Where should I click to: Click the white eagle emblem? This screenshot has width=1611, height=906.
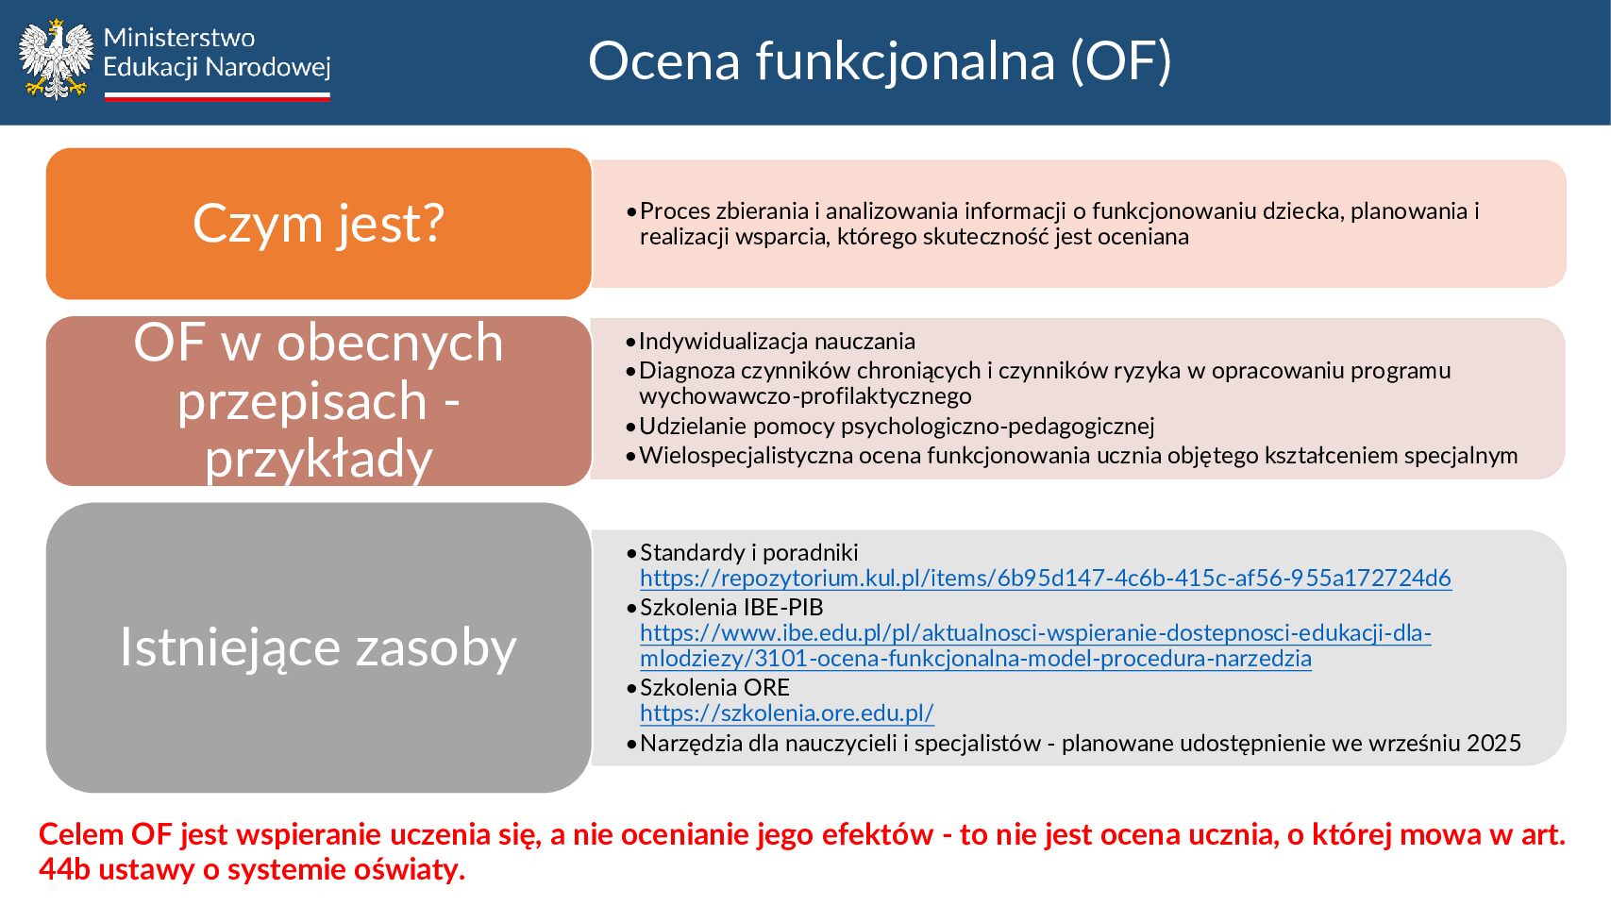pyautogui.click(x=56, y=59)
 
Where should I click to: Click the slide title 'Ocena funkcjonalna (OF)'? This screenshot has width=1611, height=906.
pyautogui.click(x=880, y=61)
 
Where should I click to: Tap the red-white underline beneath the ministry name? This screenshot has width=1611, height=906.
pyautogui.click(x=217, y=96)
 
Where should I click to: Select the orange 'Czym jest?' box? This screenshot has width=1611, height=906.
pyautogui.click(x=319, y=224)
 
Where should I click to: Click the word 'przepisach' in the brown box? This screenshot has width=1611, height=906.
pyautogui.click(x=303, y=400)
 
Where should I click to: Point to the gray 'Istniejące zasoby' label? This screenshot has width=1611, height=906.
pyautogui.click(x=318, y=647)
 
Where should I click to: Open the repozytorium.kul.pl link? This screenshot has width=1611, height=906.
pyautogui.click(x=1046, y=579)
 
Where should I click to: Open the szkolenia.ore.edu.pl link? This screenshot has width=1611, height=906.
pyautogui.click(x=787, y=713)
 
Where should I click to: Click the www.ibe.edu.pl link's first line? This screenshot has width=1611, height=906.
pyautogui.click(x=1035, y=632)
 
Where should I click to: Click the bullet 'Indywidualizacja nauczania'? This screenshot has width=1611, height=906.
pyautogui.click(x=777, y=341)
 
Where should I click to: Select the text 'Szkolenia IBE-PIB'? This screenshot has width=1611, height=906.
pyautogui.click(x=731, y=608)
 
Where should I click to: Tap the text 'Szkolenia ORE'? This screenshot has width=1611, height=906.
pyautogui.click(x=714, y=687)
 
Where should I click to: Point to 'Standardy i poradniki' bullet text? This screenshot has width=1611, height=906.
pyautogui.click(x=748, y=552)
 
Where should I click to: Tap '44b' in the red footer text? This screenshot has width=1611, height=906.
pyautogui.click(x=65, y=870)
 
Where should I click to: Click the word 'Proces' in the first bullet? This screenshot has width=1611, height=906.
pyautogui.click(x=673, y=211)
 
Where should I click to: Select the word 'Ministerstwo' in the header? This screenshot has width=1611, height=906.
pyautogui.click(x=179, y=38)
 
